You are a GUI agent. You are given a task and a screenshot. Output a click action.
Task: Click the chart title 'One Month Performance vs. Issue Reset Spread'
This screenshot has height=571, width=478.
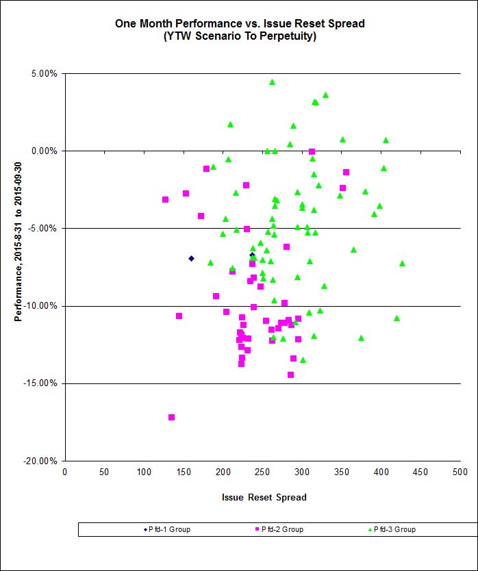click(x=240, y=23)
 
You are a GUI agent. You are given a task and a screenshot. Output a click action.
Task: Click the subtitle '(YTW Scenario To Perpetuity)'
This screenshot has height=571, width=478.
click(x=240, y=37)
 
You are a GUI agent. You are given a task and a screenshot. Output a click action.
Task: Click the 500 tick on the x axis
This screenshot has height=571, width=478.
click(x=460, y=472)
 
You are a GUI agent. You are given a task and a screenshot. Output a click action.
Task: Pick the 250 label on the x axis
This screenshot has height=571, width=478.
click(x=262, y=472)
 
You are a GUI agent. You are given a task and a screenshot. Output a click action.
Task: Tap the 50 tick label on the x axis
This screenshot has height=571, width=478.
click(x=104, y=472)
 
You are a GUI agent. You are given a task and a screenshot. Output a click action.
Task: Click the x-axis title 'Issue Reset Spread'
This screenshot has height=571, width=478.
click(x=264, y=497)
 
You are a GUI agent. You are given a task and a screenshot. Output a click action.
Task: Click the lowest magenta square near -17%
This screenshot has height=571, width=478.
click(x=171, y=417)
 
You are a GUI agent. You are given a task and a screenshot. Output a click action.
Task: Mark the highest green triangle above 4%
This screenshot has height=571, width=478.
click(x=272, y=81)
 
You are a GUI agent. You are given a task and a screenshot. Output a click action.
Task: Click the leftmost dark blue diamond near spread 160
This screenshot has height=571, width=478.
click(x=191, y=258)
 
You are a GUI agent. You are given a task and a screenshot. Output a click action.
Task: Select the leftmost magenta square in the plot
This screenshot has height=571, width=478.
click(x=165, y=199)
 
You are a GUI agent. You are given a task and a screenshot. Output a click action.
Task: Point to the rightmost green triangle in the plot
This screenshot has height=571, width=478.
click(x=402, y=263)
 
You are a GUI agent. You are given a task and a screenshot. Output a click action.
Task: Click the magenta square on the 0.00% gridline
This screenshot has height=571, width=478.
click(x=312, y=151)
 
